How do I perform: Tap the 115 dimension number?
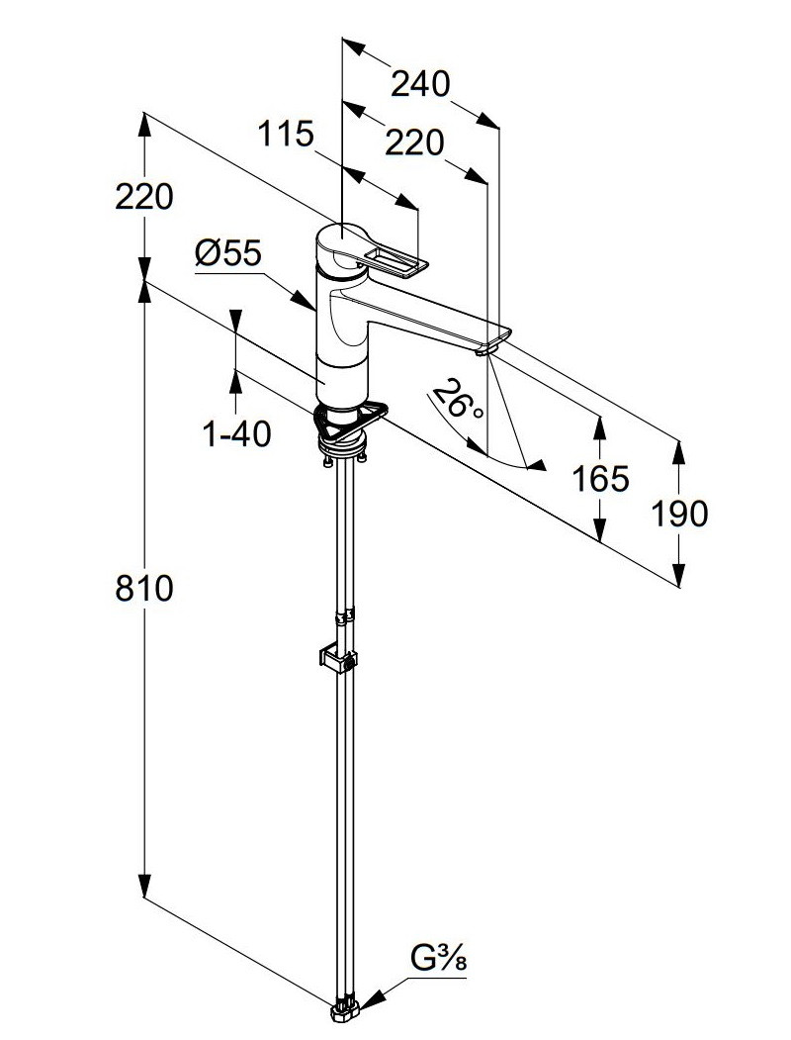click(286, 134)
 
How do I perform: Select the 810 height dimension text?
click(144, 589)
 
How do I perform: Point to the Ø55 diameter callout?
click(227, 254)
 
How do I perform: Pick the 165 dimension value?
click(600, 479)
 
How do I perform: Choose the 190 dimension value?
click(679, 514)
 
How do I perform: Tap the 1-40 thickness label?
click(236, 433)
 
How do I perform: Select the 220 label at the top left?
click(144, 197)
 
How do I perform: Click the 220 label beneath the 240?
click(413, 143)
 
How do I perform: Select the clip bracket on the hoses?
click(337, 658)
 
